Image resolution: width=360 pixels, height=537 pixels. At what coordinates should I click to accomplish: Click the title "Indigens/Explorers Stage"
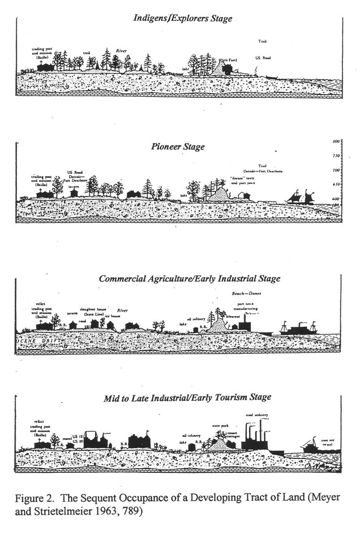(x=183, y=18)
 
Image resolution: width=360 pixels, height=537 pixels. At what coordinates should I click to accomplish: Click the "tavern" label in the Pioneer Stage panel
(x=73, y=181)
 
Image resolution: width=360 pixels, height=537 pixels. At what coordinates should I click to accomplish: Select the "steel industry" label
(x=257, y=415)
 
